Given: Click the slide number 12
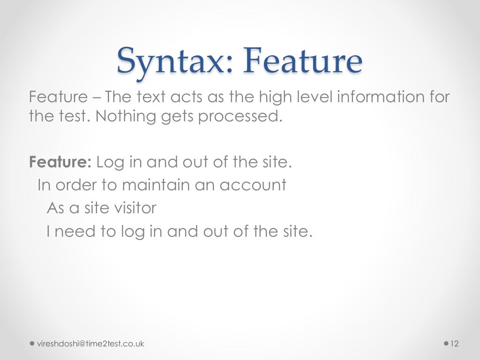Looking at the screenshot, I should coord(454,344).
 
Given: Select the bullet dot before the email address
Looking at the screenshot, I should coord(32,344).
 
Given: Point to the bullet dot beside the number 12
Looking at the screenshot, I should coord(445,344).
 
